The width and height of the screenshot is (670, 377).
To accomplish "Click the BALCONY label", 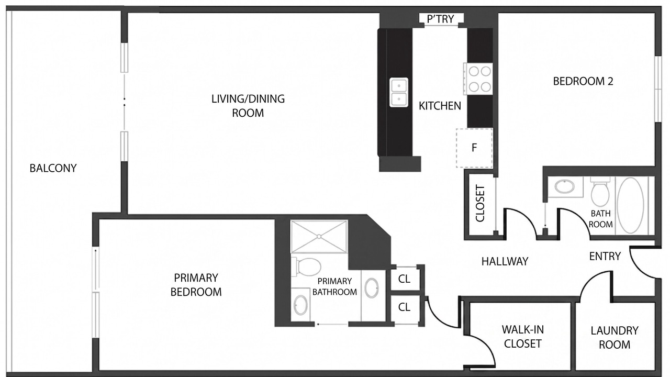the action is (53, 168).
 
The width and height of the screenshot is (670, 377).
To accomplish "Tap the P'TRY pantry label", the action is (441, 19).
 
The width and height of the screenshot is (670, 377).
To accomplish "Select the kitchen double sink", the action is (399, 92).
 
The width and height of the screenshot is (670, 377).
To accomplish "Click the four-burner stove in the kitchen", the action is (478, 79).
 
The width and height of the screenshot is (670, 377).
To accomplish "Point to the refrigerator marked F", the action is (474, 148).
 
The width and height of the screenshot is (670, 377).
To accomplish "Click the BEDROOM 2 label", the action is (583, 81).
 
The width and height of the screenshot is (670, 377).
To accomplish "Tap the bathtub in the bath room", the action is (630, 205).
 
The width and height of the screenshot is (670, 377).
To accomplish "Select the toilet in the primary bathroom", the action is (306, 267).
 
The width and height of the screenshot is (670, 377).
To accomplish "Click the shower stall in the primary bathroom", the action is (319, 237).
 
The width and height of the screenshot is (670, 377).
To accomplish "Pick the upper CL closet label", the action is (404, 279).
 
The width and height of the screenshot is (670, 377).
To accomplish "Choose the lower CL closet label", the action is (404, 307).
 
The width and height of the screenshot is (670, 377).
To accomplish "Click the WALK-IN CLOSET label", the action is (522, 337).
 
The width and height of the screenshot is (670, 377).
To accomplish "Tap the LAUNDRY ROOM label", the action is (615, 338).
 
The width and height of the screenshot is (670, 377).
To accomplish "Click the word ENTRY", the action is (605, 257).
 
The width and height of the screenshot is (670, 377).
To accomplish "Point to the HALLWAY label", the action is (505, 261).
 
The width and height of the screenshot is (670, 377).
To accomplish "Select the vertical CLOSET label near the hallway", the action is (480, 204).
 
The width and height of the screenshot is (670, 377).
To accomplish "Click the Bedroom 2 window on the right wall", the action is (658, 89).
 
